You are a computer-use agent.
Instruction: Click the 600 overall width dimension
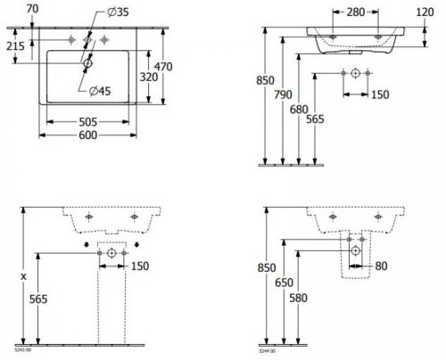87,135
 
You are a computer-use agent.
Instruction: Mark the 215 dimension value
15,45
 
